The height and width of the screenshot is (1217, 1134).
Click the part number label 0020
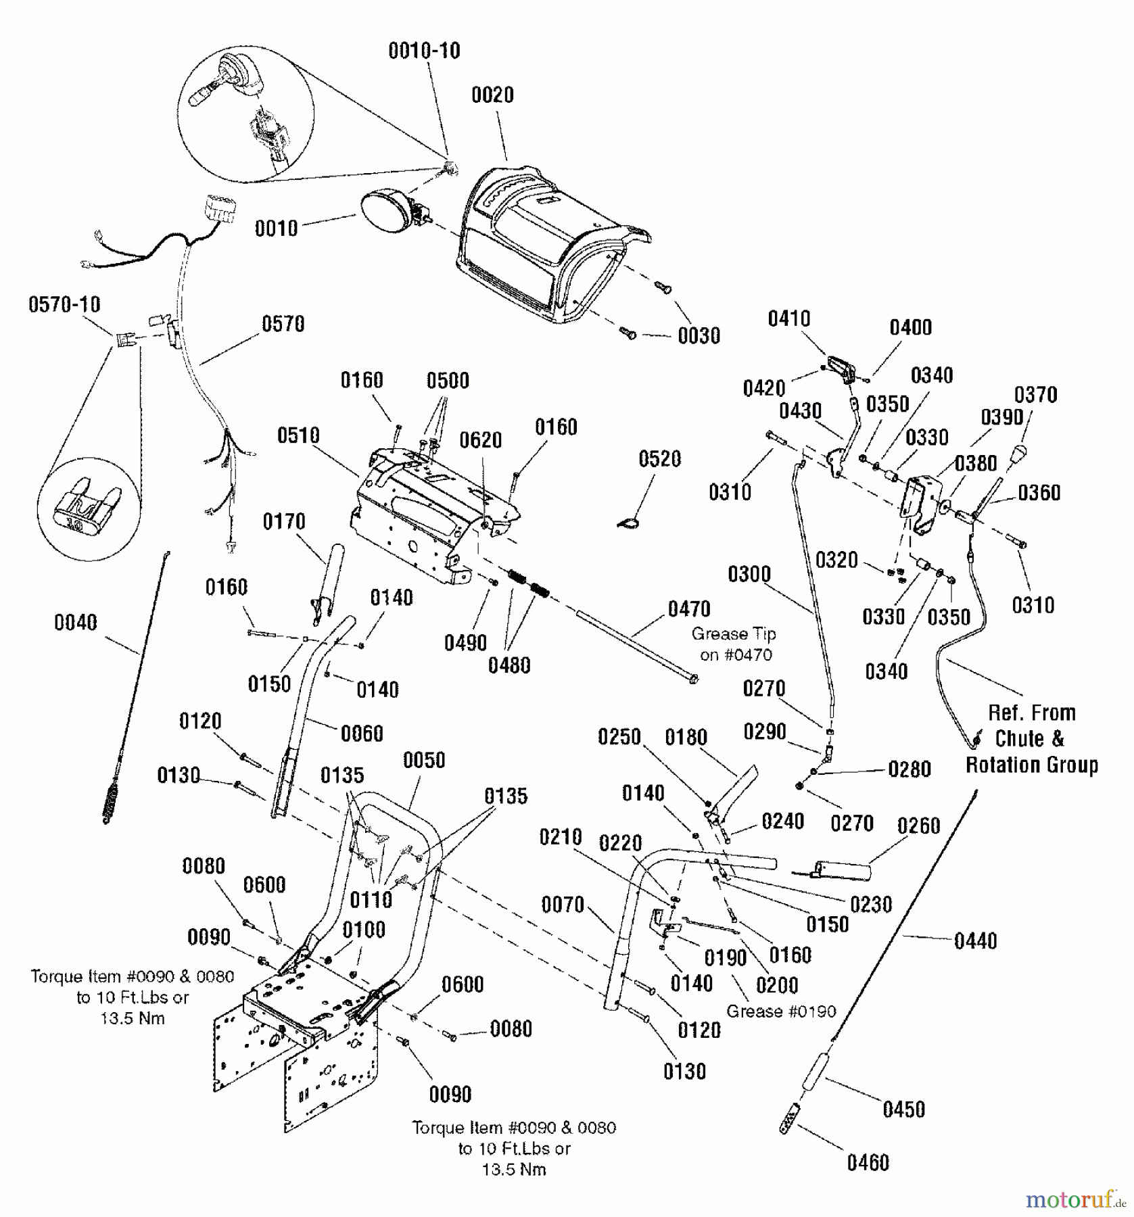(x=492, y=95)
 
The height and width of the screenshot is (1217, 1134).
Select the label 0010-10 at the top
(x=424, y=51)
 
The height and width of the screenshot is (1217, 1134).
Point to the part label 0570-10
(x=64, y=305)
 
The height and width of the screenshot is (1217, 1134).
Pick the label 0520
(x=659, y=459)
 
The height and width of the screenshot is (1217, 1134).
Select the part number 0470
(x=689, y=609)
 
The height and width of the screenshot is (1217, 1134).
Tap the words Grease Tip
(x=733, y=634)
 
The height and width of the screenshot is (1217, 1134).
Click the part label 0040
(x=75, y=623)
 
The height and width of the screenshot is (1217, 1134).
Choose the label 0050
(x=424, y=760)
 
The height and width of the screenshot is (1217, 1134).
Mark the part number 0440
(x=975, y=940)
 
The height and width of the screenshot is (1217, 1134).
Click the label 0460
(x=868, y=1163)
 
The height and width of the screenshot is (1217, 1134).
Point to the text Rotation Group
(x=1031, y=765)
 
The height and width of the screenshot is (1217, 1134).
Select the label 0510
(x=298, y=435)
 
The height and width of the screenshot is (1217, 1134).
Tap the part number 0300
(x=749, y=575)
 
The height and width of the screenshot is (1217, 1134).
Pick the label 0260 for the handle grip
(x=918, y=826)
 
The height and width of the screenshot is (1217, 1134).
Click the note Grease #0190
(x=781, y=1011)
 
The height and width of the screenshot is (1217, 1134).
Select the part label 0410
(x=788, y=318)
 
